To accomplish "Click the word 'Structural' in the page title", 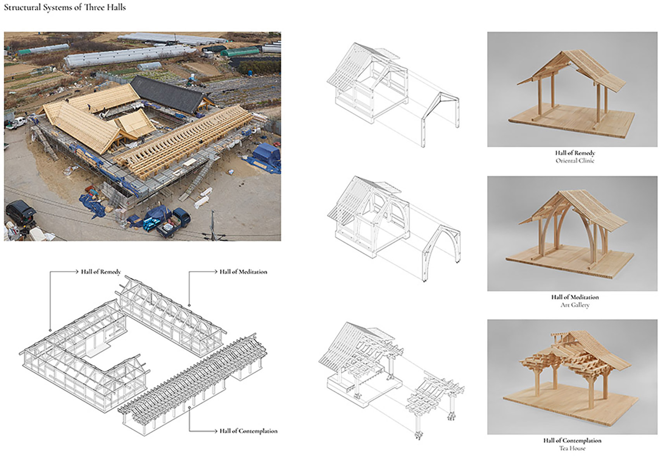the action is point(22,8).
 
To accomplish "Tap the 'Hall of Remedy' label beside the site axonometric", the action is point(101,272).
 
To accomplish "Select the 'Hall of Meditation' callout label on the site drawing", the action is point(243,272).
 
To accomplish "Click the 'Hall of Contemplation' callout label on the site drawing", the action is point(248,431).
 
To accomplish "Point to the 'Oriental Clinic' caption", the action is point(575,161).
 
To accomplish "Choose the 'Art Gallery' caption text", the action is point(575,305).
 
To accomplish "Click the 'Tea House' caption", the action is point(572,448).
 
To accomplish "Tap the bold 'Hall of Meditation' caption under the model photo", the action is point(575,297).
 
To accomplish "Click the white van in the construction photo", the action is point(16,123).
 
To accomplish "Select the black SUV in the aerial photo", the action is point(21,212).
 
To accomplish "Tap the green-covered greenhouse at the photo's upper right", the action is point(240,52).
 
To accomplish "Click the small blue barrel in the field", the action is point(250,73).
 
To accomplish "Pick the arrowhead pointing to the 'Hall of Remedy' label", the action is point(77,272).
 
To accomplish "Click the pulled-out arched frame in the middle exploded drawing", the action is point(441,253).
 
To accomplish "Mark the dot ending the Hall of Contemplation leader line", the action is point(190,408).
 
